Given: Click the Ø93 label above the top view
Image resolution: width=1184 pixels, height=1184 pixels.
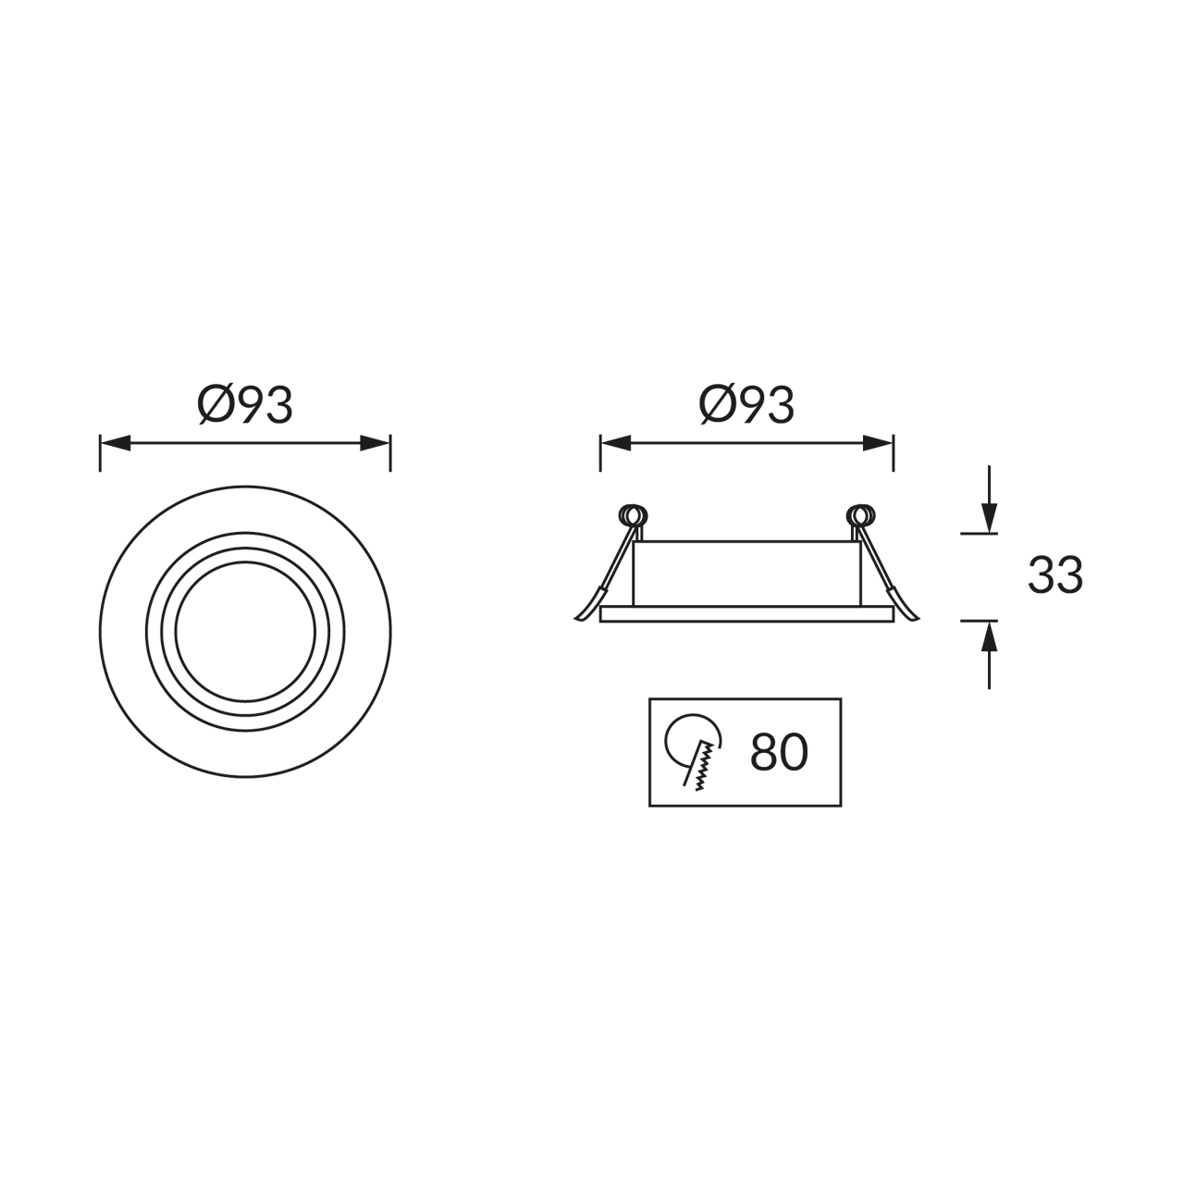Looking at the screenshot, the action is tap(244, 405).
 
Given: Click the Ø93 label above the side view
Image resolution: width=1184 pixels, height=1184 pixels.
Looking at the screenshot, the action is tap(746, 405).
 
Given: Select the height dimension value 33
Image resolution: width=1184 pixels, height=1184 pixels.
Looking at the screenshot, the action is tap(1055, 575).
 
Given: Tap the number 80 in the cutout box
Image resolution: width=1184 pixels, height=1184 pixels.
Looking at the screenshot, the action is tap(779, 752).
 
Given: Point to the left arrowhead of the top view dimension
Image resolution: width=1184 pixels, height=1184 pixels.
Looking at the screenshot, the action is tap(116, 443).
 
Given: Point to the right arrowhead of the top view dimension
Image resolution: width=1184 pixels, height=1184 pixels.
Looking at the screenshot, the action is tap(375, 443).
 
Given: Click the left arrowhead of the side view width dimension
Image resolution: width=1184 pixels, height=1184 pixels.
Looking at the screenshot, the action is tap(616, 443).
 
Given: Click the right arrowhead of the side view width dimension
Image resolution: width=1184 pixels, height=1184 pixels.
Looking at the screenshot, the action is tap(878, 443).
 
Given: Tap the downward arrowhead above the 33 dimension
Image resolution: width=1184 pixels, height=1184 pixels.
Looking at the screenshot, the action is tap(989, 518).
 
